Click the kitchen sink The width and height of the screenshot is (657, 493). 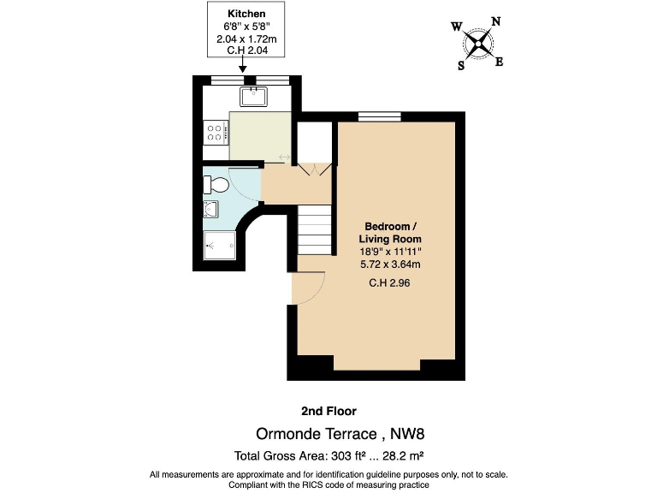[254, 96]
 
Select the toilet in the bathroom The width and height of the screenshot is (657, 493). [216, 184]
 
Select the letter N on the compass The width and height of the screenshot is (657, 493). [495, 23]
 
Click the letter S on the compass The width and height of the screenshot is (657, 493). [461, 64]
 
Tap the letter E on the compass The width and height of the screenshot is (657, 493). [500, 61]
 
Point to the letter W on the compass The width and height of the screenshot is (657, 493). [456, 27]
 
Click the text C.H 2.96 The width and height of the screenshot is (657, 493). [389, 283]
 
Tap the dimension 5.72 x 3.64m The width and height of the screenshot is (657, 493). [389, 264]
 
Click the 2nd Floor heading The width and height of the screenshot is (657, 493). [328, 411]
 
